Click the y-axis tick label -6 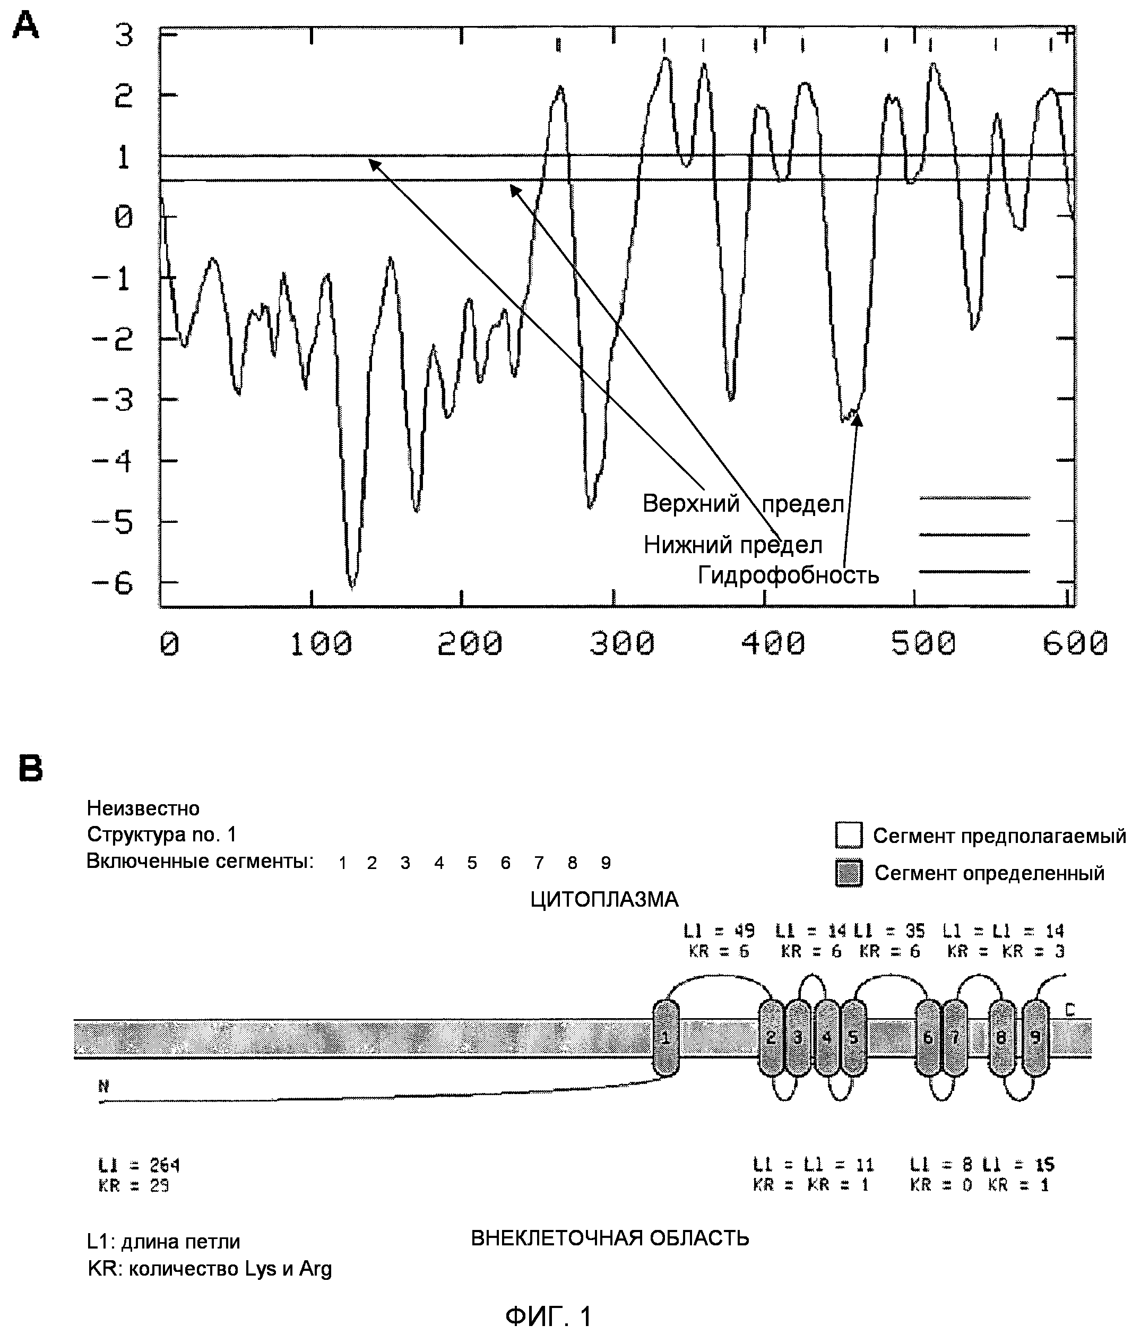pyautogui.click(x=113, y=583)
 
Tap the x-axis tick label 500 pyautogui.click(x=923, y=643)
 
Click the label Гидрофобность pyautogui.click(x=788, y=574)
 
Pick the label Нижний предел pyautogui.click(x=733, y=545)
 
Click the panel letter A pyautogui.click(x=25, y=27)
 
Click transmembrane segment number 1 pyautogui.click(x=666, y=1037)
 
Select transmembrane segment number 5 pyautogui.click(x=853, y=1037)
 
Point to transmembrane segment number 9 pyautogui.click(x=1034, y=1037)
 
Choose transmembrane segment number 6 pyautogui.click(x=927, y=1037)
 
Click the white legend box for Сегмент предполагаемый pyautogui.click(x=849, y=835)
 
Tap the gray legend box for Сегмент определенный pyautogui.click(x=849, y=873)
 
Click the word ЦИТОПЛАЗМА pyautogui.click(x=604, y=899)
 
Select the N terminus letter pyautogui.click(x=104, y=1086)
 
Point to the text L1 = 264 pyautogui.click(x=139, y=1165)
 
